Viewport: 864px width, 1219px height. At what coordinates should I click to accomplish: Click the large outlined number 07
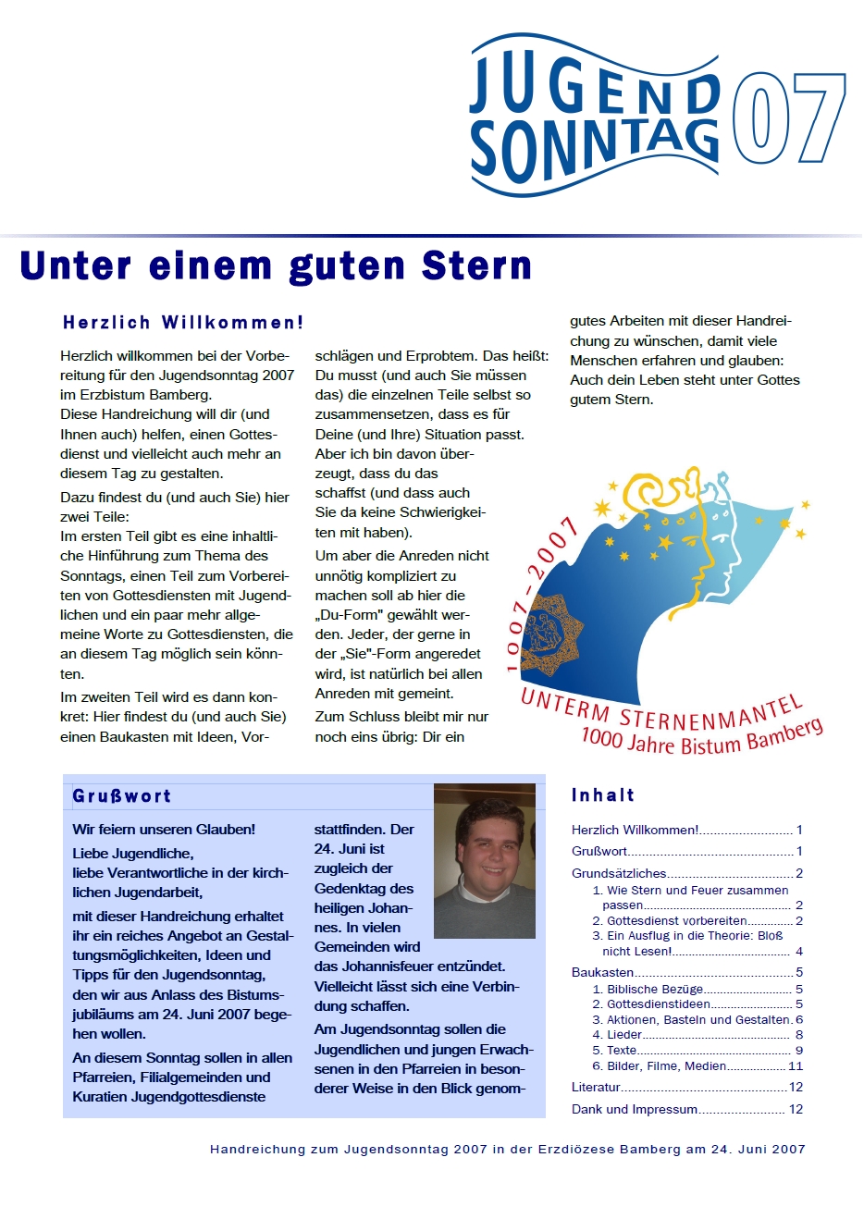tap(788, 117)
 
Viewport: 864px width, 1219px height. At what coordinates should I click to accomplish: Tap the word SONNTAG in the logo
tap(593, 148)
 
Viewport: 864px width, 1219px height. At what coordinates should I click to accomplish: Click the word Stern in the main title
tap(476, 266)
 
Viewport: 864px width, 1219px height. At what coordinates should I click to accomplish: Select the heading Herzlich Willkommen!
tap(183, 323)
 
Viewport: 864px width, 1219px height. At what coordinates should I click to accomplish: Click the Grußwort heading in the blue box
tap(121, 796)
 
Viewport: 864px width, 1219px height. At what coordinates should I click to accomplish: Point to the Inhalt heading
tap(603, 795)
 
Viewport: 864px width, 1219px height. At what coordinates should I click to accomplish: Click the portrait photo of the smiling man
tap(485, 860)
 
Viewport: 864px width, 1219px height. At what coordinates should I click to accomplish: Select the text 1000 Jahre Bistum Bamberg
tap(701, 738)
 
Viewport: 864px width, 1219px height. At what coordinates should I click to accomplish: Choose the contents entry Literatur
tap(596, 1087)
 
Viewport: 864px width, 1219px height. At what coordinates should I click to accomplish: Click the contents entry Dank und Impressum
tap(635, 1109)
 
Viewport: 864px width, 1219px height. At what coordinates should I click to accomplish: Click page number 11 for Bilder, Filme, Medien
tap(796, 1065)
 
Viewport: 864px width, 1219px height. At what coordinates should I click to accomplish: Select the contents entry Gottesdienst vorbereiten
tap(676, 920)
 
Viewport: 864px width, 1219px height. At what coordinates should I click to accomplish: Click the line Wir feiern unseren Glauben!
tap(164, 830)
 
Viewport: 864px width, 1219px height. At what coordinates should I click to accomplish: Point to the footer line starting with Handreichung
tap(507, 1149)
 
